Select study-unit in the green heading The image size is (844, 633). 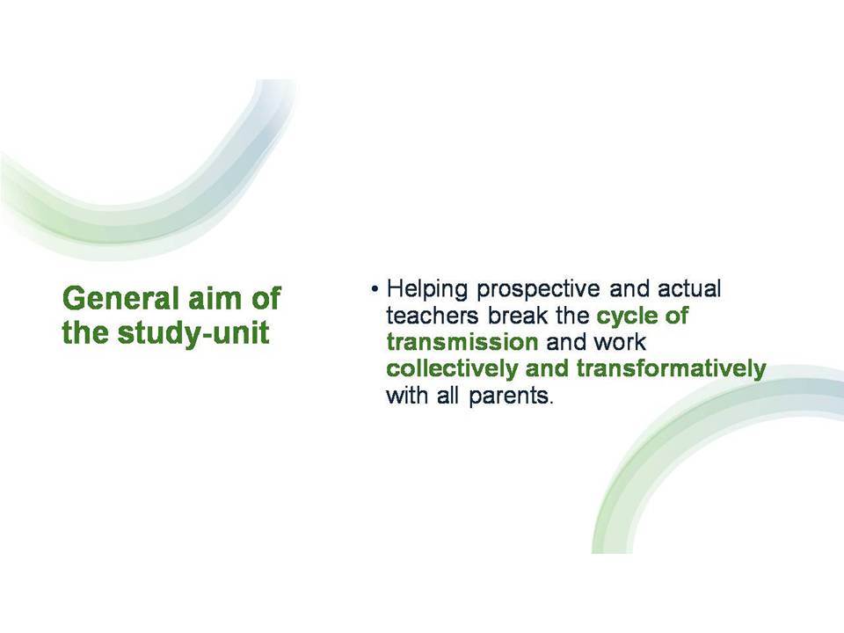193,332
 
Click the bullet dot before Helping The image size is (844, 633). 375,289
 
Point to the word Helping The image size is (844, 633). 427,289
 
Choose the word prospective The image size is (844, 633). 538,290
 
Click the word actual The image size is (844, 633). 689,288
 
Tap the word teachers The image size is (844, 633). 433,316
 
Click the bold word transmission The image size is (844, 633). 462,342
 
